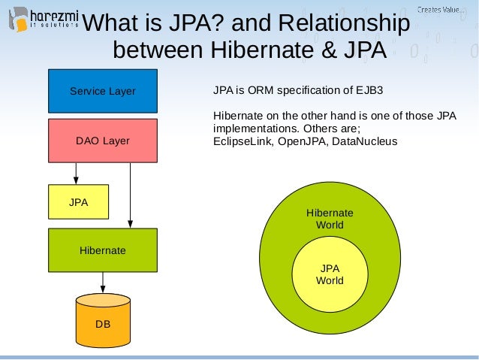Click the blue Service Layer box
point(103,91)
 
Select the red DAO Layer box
point(103,141)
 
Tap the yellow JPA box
point(78,202)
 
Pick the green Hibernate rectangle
point(103,250)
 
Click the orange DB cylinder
point(103,322)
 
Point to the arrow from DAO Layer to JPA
point(76,174)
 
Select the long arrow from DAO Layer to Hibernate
point(131,195)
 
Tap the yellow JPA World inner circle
point(330,274)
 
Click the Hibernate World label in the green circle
point(330,219)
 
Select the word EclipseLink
point(243,141)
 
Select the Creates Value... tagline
point(440,9)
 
